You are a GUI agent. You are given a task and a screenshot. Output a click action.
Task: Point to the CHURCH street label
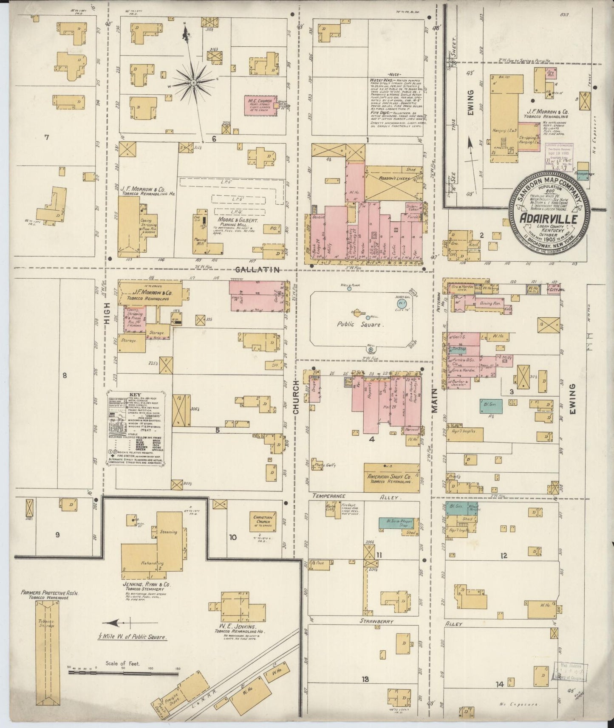[296, 396]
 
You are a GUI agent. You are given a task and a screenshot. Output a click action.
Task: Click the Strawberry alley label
[378, 621]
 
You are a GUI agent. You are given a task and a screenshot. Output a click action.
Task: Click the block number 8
[65, 375]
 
